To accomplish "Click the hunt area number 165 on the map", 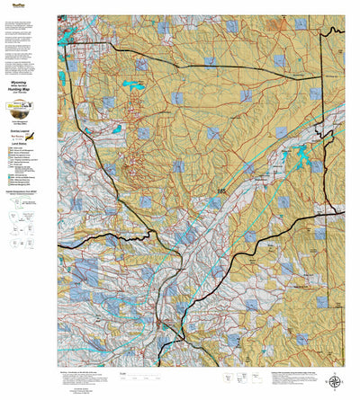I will coord(221,191).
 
